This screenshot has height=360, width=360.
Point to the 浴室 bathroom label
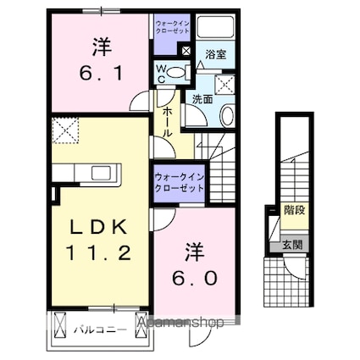[216, 53]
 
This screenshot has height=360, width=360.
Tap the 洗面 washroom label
[202, 99]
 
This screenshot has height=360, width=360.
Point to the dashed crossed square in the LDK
[64, 129]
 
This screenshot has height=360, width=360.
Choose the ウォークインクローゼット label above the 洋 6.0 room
[180, 182]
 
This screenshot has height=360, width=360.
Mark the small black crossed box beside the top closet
[186, 51]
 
